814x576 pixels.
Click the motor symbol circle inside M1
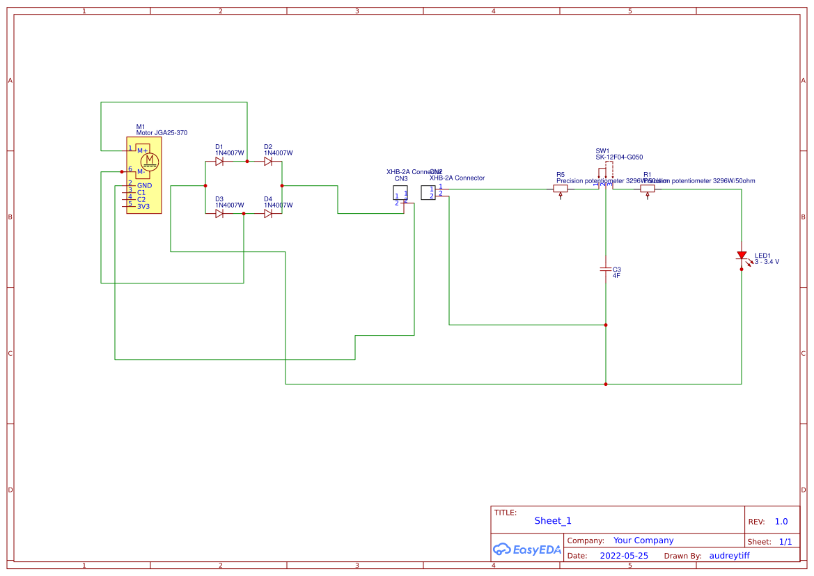(x=150, y=162)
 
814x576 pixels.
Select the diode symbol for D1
(x=219, y=162)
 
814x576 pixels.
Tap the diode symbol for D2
(x=268, y=162)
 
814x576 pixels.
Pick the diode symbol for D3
(x=219, y=214)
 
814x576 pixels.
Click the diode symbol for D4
(x=268, y=214)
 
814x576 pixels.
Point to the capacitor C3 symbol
(x=606, y=270)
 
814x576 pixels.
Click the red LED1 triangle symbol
(x=742, y=256)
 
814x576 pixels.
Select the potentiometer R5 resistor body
(x=561, y=189)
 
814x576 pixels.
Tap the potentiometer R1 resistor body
(x=648, y=189)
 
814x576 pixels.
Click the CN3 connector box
(x=400, y=193)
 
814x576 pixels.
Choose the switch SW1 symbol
(x=606, y=173)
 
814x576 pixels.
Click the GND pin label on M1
(x=144, y=186)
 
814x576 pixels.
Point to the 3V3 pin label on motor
(x=143, y=207)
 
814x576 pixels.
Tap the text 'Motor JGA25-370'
(x=162, y=133)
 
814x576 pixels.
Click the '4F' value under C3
(x=616, y=276)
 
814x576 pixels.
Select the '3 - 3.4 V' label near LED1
(x=767, y=262)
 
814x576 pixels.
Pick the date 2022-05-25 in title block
(x=624, y=556)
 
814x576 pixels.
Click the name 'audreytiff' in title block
(x=729, y=556)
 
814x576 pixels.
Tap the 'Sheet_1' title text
(x=553, y=521)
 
